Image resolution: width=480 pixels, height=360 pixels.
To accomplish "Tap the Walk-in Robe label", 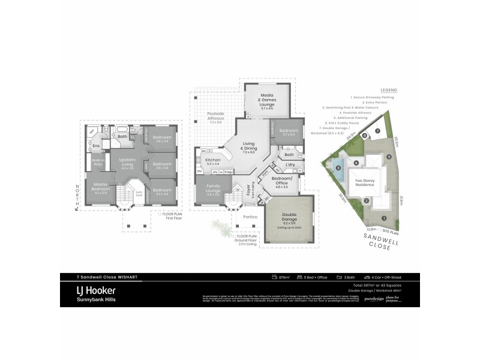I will point(97,162).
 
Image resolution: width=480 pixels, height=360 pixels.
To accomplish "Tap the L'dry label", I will point(290,164).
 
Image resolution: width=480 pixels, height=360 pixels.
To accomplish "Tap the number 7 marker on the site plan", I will point(377,130).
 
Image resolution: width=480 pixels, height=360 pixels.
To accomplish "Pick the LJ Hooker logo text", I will point(95,290).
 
